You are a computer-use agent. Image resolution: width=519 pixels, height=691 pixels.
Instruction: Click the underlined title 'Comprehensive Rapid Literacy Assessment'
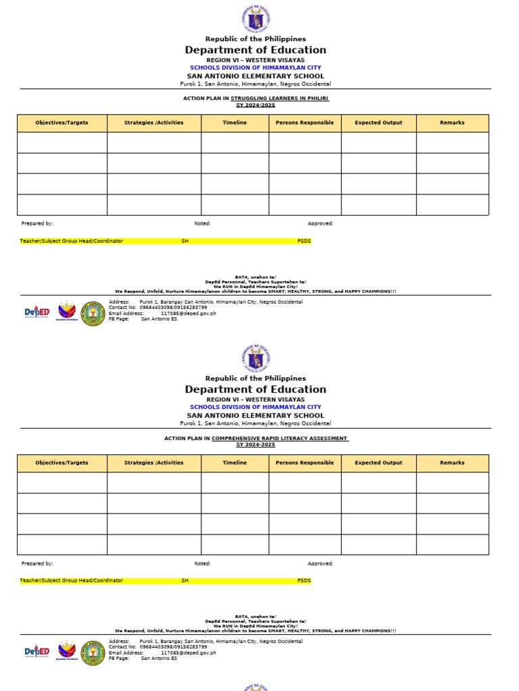click(x=280, y=439)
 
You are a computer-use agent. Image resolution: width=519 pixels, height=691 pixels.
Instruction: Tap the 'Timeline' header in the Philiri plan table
click(x=234, y=123)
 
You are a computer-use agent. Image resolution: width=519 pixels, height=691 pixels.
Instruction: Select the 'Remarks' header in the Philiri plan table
click(x=452, y=123)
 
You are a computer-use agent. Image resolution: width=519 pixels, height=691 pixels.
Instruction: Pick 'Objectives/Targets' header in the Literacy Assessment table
click(x=61, y=463)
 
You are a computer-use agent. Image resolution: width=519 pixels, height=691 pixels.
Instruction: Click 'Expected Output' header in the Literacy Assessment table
click(x=378, y=463)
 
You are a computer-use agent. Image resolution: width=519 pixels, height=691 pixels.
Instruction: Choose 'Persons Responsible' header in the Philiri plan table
click(x=305, y=123)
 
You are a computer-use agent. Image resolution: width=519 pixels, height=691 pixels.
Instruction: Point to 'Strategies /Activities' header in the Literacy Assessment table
click(x=153, y=463)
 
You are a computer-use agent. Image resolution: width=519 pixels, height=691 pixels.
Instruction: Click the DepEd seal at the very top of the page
click(x=255, y=18)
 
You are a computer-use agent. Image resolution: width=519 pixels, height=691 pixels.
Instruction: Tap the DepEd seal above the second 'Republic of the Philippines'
click(x=255, y=358)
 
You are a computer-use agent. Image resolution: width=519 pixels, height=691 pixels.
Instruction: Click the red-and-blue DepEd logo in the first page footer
click(x=37, y=312)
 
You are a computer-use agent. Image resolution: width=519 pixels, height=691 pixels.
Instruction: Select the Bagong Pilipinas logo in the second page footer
click(x=66, y=651)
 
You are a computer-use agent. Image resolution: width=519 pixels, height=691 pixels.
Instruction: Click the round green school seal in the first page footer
click(x=93, y=313)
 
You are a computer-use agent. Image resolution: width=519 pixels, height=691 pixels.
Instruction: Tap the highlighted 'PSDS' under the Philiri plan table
click(x=304, y=241)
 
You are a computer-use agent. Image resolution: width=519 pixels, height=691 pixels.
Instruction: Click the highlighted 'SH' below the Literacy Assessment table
click(x=184, y=580)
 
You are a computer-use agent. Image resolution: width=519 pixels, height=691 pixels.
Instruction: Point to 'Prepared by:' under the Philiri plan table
click(x=37, y=223)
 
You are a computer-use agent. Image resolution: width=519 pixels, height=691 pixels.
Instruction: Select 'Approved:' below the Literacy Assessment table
click(x=320, y=563)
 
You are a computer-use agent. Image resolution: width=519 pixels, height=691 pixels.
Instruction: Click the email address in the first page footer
click(x=189, y=313)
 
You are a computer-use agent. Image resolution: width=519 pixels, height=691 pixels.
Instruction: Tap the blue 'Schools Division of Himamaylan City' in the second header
click(x=255, y=408)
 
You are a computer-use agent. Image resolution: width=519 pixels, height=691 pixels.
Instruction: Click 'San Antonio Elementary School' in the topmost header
click(x=255, y=76)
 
